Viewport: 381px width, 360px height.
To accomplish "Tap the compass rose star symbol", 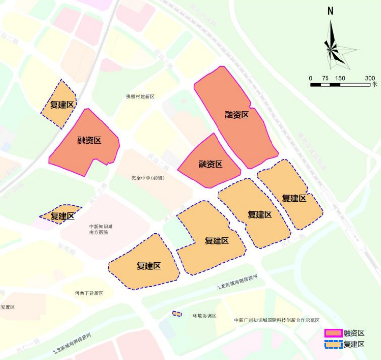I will click(331, 49).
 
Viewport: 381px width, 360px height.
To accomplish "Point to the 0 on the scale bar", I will click(310, 78).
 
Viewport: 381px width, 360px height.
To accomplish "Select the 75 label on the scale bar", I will click(326, 78).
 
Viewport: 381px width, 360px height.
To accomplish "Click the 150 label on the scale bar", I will click(340, 78).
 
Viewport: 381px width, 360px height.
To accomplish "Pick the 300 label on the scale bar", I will click(370, 78).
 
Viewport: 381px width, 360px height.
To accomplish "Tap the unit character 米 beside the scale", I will click(375, 84).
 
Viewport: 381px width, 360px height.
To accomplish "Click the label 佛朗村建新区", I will click(140, 96).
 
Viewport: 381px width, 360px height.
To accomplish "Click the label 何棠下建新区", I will click(89, 293).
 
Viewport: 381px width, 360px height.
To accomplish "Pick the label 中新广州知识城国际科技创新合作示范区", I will click(276, 320).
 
